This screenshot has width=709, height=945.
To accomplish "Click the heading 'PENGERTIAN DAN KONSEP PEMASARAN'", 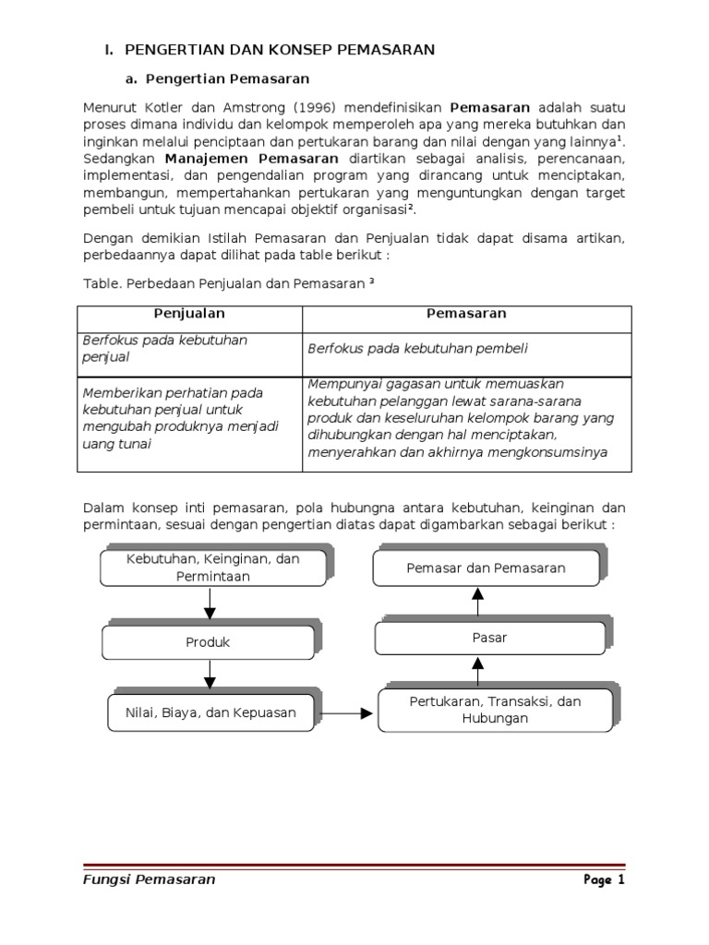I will (x=279, y=50).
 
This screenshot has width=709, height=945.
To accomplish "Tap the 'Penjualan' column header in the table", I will (x=189, y=314).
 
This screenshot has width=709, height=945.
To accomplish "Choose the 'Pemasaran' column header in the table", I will (x=466, y=314).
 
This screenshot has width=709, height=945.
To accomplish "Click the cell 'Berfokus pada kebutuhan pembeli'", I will (x=416, y=348).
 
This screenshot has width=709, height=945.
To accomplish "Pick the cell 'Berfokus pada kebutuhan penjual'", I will (x=165, y=348).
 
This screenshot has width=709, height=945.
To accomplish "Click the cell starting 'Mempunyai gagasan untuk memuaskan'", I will (x=461, y=418).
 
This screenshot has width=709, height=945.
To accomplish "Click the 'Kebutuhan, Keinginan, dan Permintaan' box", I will (x=212, y=568).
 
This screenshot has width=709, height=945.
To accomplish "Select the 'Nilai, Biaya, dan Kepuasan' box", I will (x=210, y=712).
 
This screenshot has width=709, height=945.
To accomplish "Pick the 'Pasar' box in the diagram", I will (x=488, y=638).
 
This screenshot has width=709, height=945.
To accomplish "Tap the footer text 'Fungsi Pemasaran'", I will (x=149, y=879).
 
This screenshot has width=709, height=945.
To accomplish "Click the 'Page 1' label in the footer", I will (x=604, y=879).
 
